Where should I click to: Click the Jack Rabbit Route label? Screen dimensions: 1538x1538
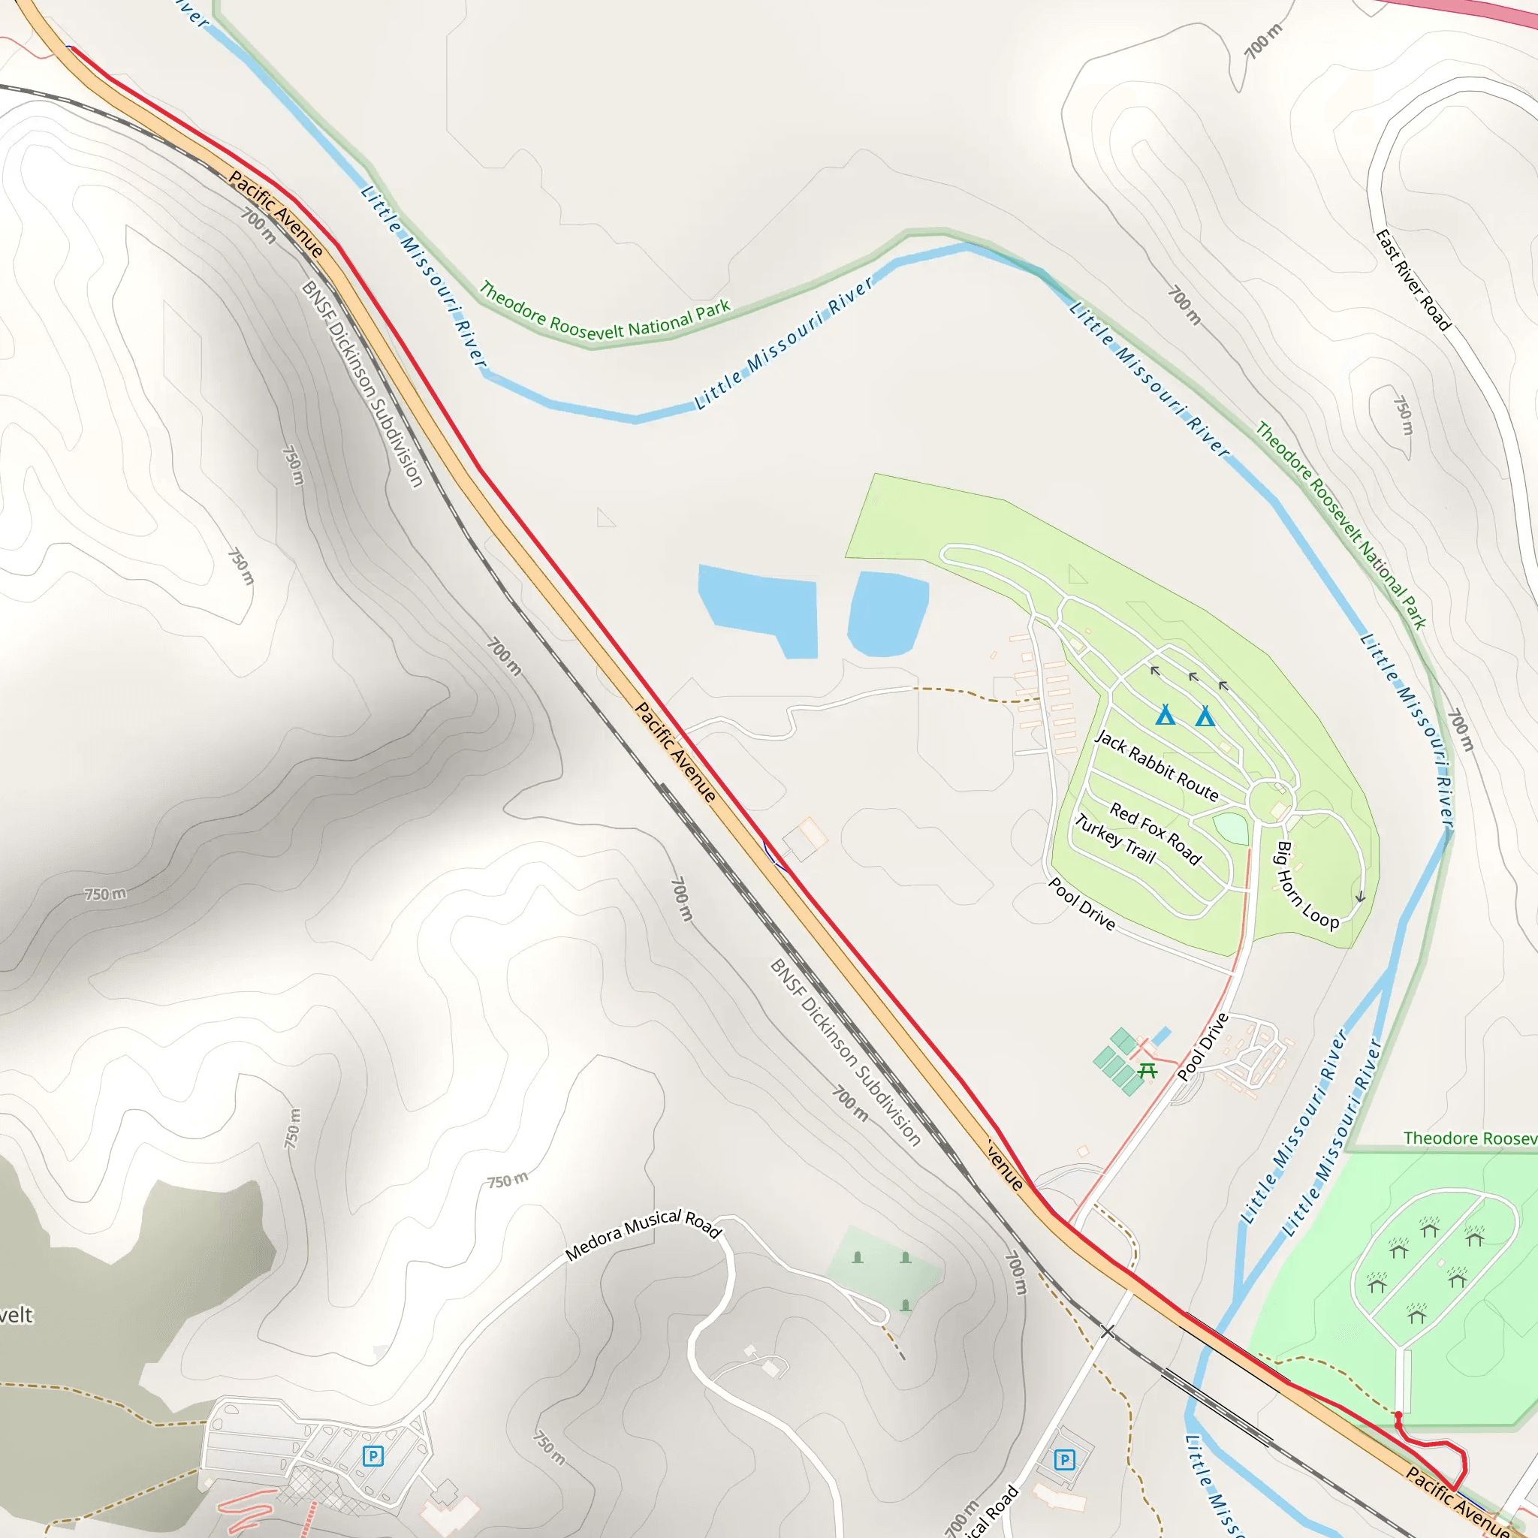[x=1156, y=765]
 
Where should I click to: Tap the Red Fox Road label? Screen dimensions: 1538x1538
[x=1155, y=834]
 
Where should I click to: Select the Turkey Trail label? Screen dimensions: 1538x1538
[x=1114, y=838]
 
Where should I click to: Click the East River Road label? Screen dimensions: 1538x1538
[x=1414, y=279]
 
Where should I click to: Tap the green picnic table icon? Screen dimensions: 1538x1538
[x=1147, y=1072]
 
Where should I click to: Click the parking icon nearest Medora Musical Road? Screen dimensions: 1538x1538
[x=372, y=1456]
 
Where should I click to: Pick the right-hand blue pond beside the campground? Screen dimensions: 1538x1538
[x=888, y=614]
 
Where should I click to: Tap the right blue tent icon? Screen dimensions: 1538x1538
[x=1205, y=716]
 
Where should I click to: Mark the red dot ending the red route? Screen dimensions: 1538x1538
[x=1398, y=1415]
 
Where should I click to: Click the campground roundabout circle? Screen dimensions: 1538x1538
[x=1272, y=799]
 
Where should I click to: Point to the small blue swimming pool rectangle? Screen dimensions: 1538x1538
[x=1162, y=1036]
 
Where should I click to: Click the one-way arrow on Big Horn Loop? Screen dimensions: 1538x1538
[x=1360, y=897]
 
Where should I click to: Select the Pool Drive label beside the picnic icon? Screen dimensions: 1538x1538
[x=1203, y=1046]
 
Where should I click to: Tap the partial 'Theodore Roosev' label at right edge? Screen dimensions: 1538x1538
[x=1470, y=1138]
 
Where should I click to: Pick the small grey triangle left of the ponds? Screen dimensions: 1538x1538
[x=606, y=518]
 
